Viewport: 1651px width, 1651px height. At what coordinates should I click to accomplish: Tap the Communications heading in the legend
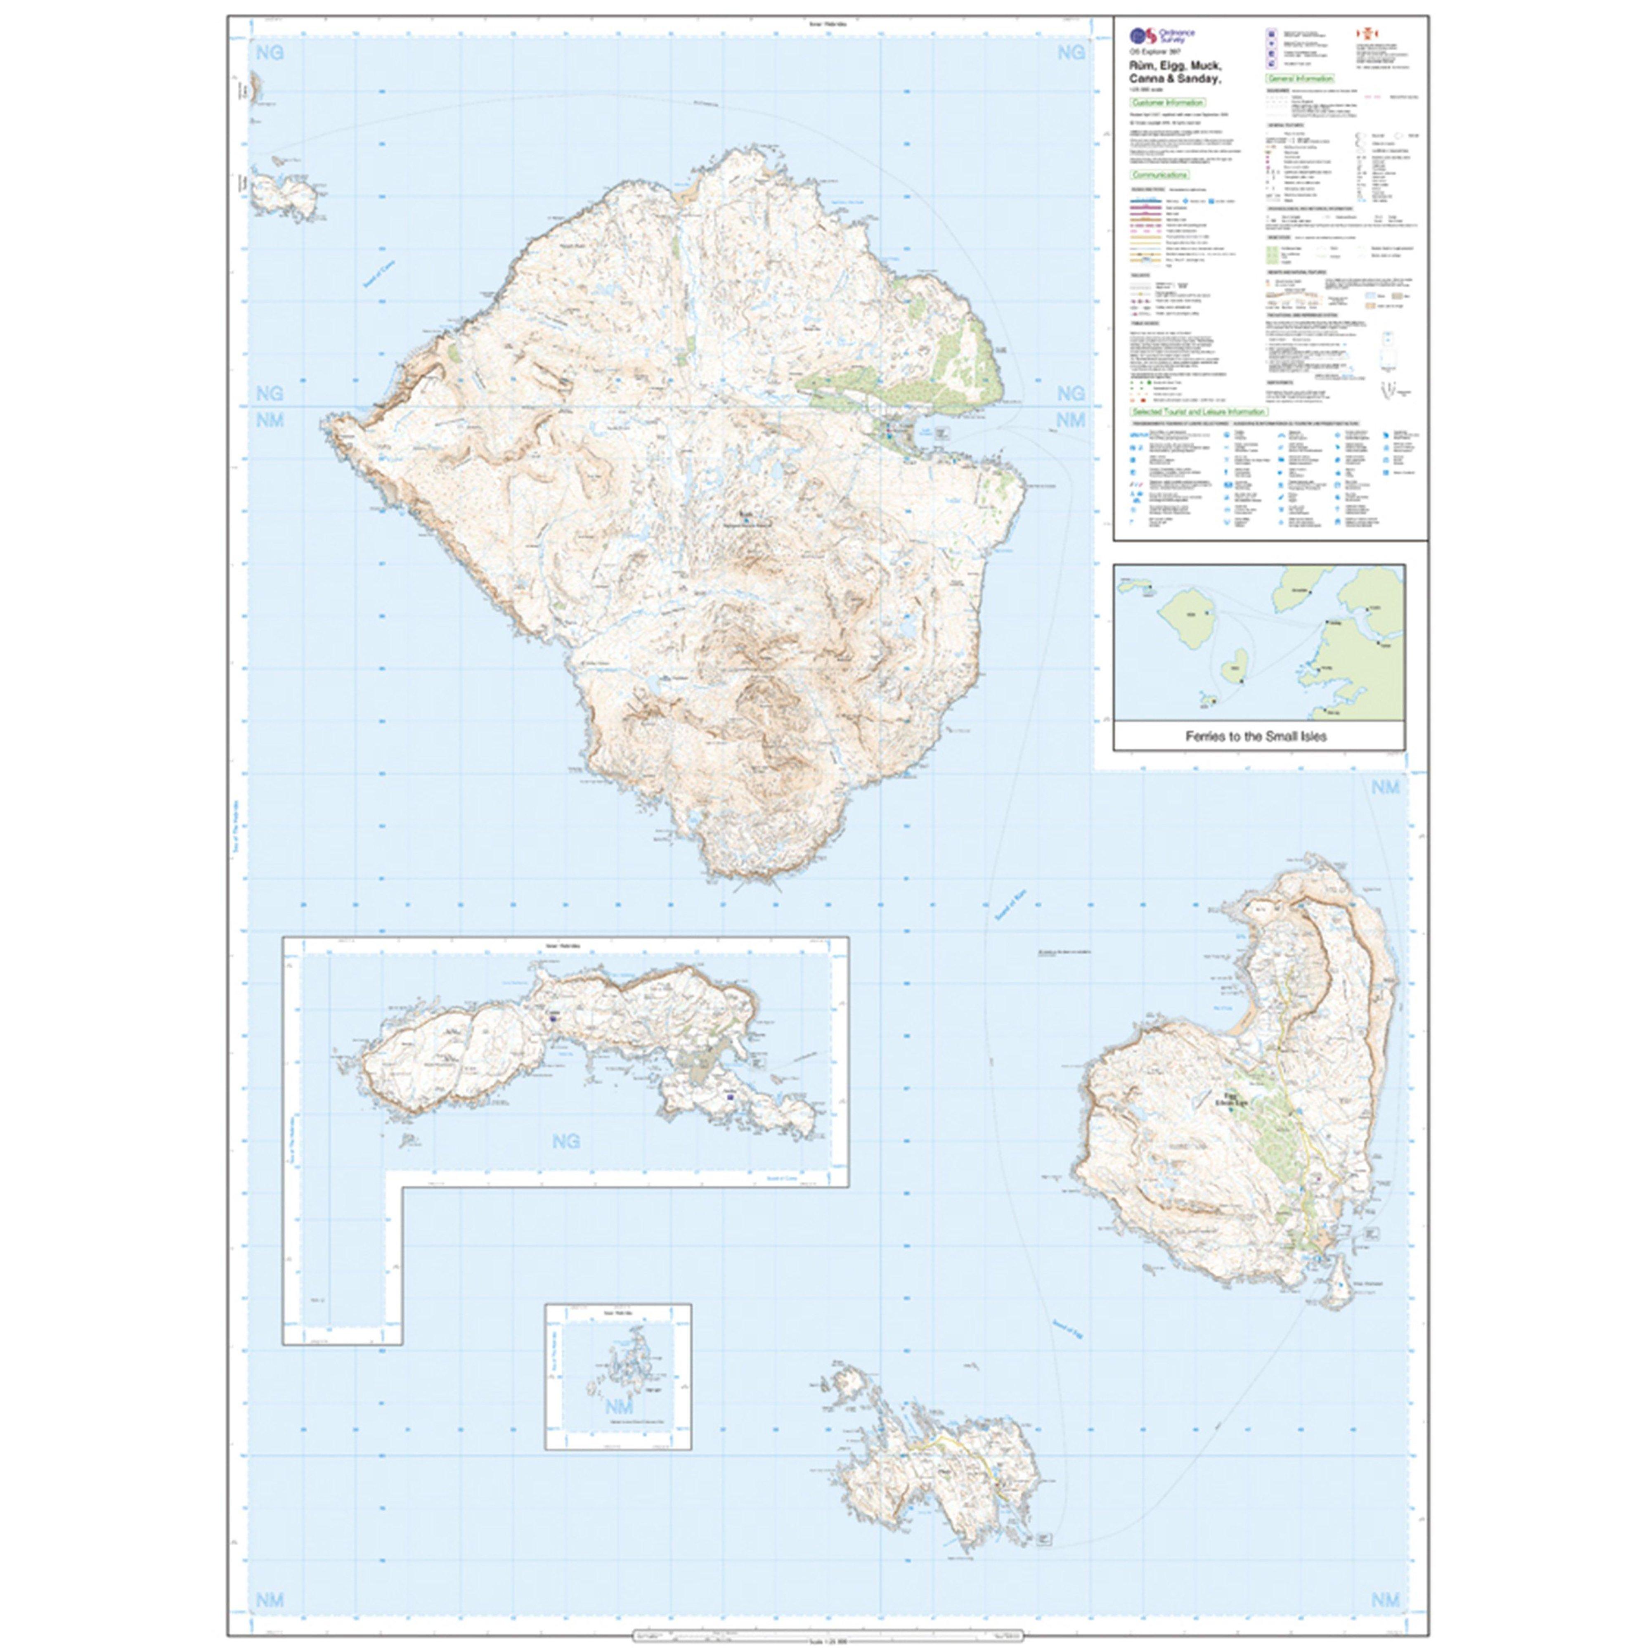1160,175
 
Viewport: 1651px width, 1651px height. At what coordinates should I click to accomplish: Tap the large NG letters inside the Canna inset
566,1141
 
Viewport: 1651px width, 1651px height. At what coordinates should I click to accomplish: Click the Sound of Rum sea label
1010,904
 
